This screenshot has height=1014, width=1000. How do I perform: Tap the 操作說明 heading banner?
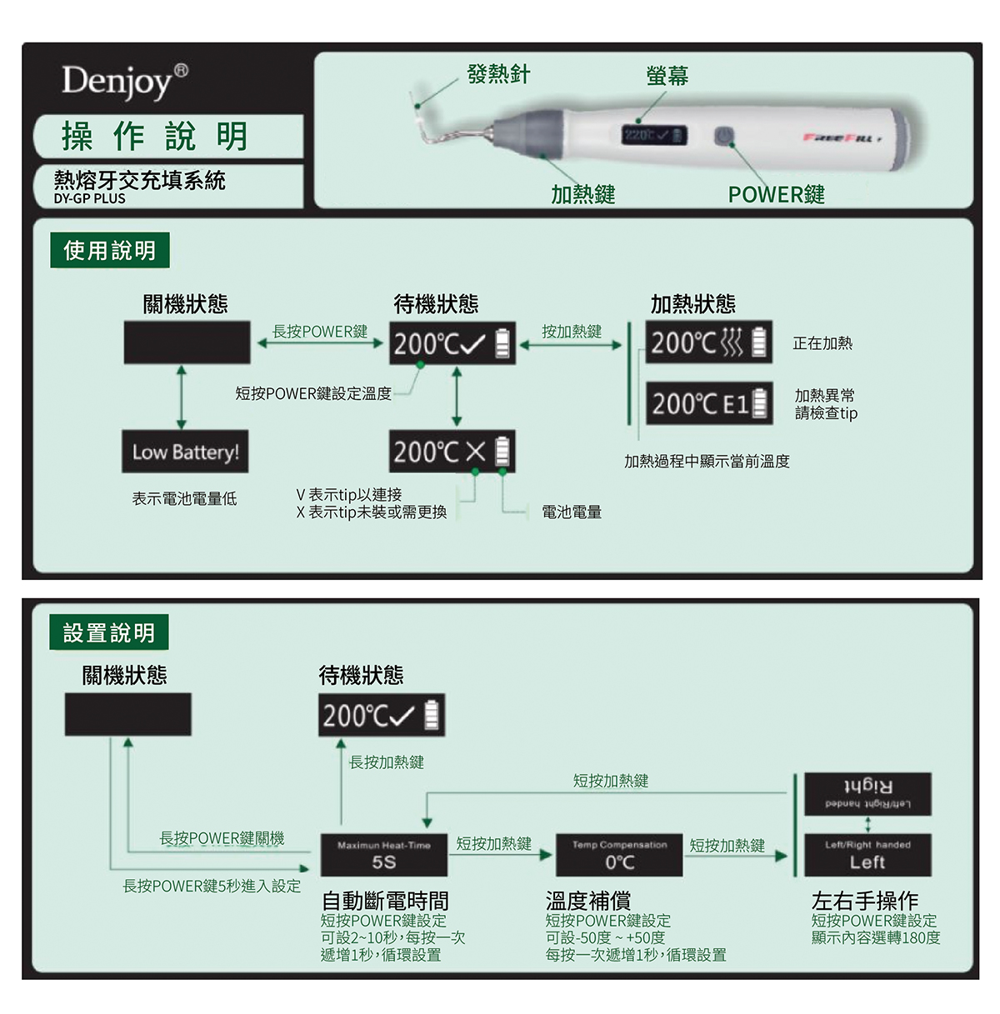coord(156,136)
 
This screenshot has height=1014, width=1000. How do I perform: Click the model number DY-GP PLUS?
coord(89,199)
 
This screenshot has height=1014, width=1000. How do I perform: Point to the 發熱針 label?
coord(498,74)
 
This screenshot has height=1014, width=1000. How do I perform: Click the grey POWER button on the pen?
coord(723,135)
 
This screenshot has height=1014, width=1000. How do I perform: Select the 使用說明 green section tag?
coord(109,250)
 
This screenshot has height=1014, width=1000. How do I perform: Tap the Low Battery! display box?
coord(185,452)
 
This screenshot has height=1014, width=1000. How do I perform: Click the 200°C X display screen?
coord(452,452)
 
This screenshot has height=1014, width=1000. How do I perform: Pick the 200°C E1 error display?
coord(709,403)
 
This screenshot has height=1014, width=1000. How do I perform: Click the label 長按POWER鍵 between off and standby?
coord(320,332)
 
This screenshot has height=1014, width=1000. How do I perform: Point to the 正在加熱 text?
coord(822,342)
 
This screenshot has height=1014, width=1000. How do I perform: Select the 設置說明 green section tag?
coord(109,632)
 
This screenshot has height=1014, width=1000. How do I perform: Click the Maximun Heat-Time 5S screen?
coord(384,855)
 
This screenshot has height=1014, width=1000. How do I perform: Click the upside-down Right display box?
coord(867,794)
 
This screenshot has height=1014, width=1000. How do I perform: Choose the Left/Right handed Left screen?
coord(867,855)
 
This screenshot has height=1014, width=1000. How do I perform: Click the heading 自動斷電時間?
coord(385,900)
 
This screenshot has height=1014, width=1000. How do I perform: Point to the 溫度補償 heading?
coord(587,900)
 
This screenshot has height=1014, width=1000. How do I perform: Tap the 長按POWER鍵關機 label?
coord(222,838)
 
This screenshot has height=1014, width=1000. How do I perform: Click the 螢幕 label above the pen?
coord(667,76)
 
